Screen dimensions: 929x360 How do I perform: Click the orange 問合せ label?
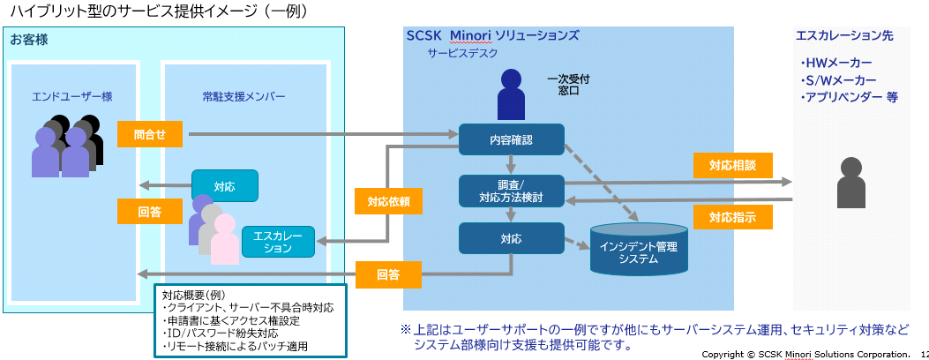point(150,134)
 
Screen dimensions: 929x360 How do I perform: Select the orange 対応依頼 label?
point(389,202)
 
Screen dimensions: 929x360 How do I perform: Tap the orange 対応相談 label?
point(732,165)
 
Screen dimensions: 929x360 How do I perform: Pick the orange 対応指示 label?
point(732,216)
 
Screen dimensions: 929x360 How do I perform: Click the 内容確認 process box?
point(512,139)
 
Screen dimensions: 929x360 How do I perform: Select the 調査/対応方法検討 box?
point(512,191)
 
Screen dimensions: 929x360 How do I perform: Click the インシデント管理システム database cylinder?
point(638,250)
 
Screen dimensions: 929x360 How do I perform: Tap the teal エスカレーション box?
point(278,242)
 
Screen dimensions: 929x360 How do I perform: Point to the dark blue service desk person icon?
point(512,94)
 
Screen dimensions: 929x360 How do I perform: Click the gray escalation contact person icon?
point(851,183)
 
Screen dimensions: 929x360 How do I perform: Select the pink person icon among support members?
point(225,239)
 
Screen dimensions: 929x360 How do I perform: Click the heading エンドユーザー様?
point(72,96)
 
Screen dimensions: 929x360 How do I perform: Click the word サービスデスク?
point(462,53)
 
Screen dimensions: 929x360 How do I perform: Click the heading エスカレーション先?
point(844,35)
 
